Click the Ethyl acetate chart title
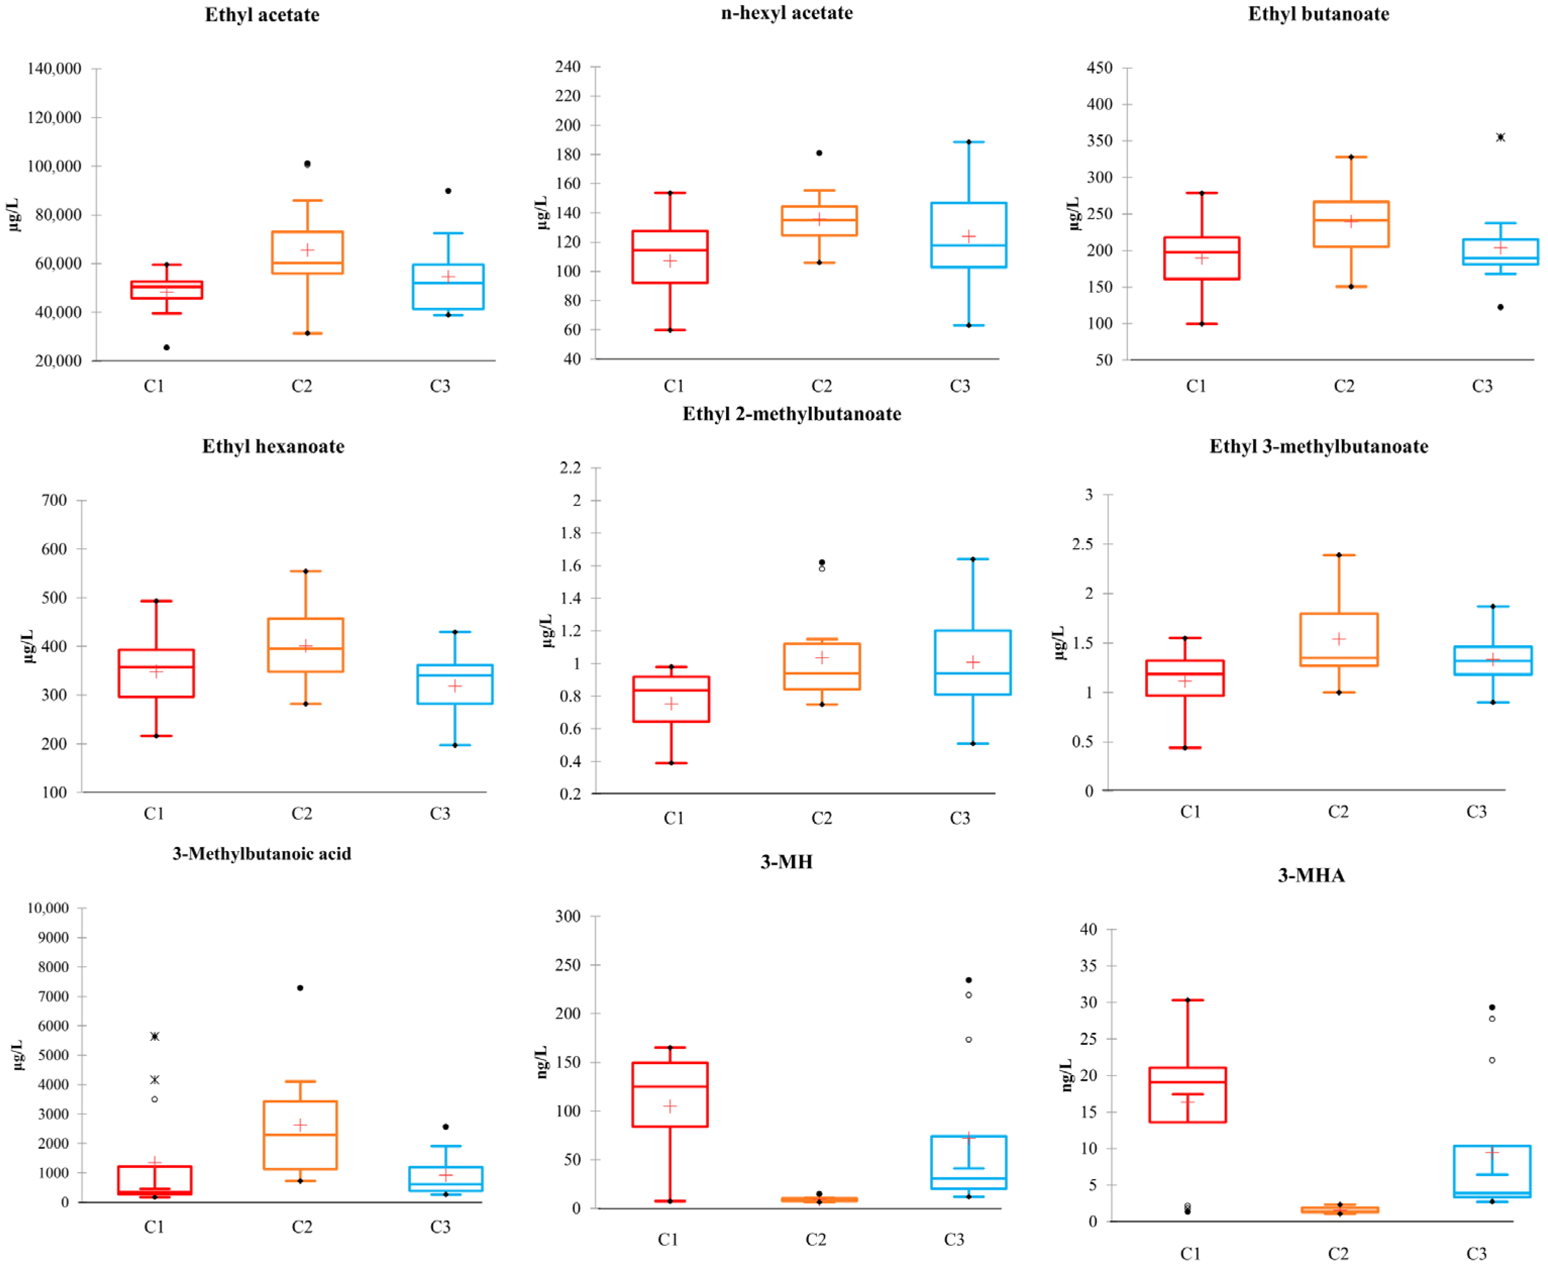tap(262, 15)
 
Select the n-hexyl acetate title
tap(786, 13)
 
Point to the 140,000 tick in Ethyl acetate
tap(54, 69)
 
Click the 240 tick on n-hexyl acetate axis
tap(567, 67)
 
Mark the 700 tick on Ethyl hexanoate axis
tap(54, 500)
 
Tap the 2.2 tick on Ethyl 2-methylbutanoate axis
tap(571, 467)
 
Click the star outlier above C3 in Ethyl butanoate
tap(1500, 137)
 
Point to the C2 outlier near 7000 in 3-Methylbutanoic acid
tap(300, 987)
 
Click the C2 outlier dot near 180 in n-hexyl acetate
tap(819, 153)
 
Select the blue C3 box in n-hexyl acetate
tap(968, 235)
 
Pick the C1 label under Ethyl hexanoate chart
tap(153, 813)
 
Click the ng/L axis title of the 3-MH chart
tap(541, 1062)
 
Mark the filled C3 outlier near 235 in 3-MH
tap(968, 980)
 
